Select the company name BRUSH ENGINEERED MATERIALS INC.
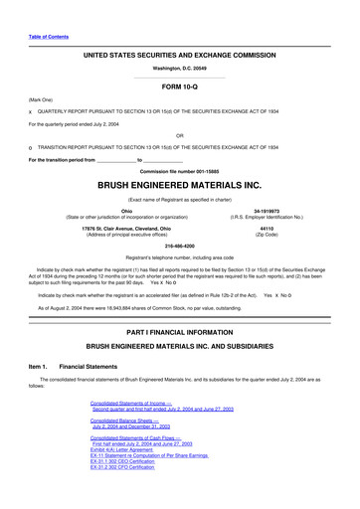pyautogui.click(x=180, y=185)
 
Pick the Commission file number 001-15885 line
pyautogui.click(x=180, y=169)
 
